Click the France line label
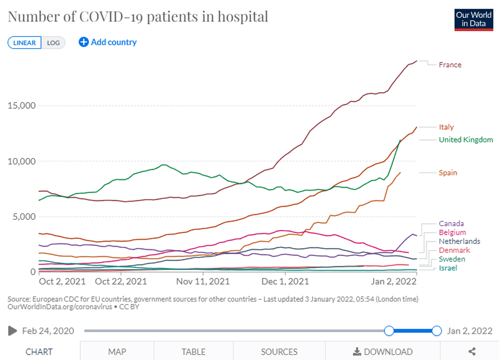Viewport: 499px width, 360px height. tap(450, 65)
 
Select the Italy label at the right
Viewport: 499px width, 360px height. tap(446, 127)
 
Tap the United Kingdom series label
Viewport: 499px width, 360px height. tap(466, 140)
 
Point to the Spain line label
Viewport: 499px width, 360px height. tap(448, 173)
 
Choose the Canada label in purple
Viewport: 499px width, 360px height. tap(451, 224)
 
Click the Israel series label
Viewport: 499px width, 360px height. tap(448, 268)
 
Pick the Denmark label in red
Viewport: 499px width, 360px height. tap(454, 250)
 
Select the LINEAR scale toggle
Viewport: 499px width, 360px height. tap(25, 43)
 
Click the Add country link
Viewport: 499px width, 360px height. tap(108, 42)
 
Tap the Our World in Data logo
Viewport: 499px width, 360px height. tap(473, 19)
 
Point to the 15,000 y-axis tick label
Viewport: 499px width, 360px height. tap(22, 105)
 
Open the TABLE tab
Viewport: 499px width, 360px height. tap(193, 352)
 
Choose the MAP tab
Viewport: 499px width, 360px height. tap(117, 352)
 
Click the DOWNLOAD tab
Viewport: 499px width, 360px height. tap(383, 352)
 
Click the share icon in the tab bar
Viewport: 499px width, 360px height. tap(472, 352)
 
